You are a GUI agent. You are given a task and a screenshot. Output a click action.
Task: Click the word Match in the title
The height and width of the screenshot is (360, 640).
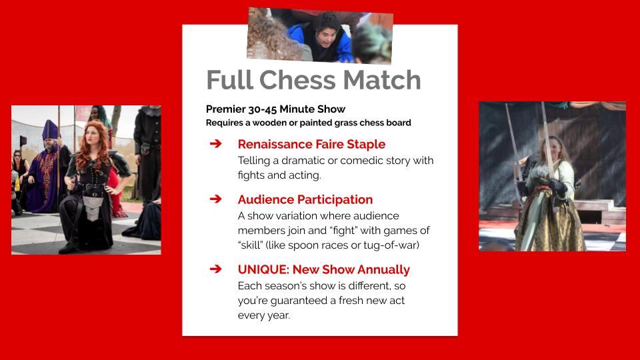(382, 80)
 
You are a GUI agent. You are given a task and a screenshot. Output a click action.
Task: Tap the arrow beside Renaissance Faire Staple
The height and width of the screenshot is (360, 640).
(215, 144)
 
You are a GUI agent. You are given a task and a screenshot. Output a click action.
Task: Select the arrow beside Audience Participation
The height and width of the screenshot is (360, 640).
(215, 199)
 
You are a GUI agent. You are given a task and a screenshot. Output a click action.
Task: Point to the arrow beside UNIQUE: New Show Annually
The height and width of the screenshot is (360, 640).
(215, 269)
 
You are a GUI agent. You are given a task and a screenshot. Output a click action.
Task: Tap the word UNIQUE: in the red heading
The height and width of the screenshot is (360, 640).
(264, 270)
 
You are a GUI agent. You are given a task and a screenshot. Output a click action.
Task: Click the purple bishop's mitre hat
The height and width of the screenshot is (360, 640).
(50, 131)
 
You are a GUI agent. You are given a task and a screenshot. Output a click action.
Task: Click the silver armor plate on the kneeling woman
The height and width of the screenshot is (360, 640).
(93, 207)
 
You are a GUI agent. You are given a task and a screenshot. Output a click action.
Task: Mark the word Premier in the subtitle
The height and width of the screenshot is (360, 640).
(225, 109)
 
